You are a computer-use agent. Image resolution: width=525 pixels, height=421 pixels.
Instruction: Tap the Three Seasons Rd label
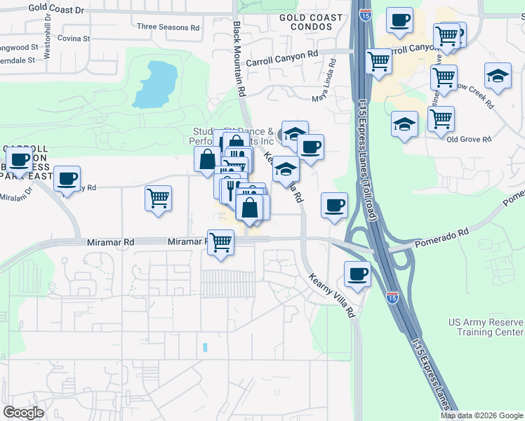(x=168, y=27)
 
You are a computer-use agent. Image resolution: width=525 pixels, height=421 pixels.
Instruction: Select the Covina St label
(x=74, y=39)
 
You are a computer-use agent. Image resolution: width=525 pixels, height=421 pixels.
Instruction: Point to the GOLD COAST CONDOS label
(x=311, y=22)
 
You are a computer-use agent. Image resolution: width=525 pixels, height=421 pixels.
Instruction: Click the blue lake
(x=155, y=83)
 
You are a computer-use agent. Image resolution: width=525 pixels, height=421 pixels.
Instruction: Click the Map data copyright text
(x=481, y=415)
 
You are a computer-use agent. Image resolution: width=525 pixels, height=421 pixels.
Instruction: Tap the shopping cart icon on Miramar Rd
(x=221, y=243)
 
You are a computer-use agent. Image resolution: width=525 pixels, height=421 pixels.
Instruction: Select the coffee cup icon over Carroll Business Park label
(x=19, y=160)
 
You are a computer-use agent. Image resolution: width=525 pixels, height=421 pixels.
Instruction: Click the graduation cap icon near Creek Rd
(x=498, y=76)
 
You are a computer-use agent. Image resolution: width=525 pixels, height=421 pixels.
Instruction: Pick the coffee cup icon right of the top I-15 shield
(x=399, y=22)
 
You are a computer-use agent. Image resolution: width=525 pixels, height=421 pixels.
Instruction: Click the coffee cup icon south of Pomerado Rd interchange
(x=357, y=274)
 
